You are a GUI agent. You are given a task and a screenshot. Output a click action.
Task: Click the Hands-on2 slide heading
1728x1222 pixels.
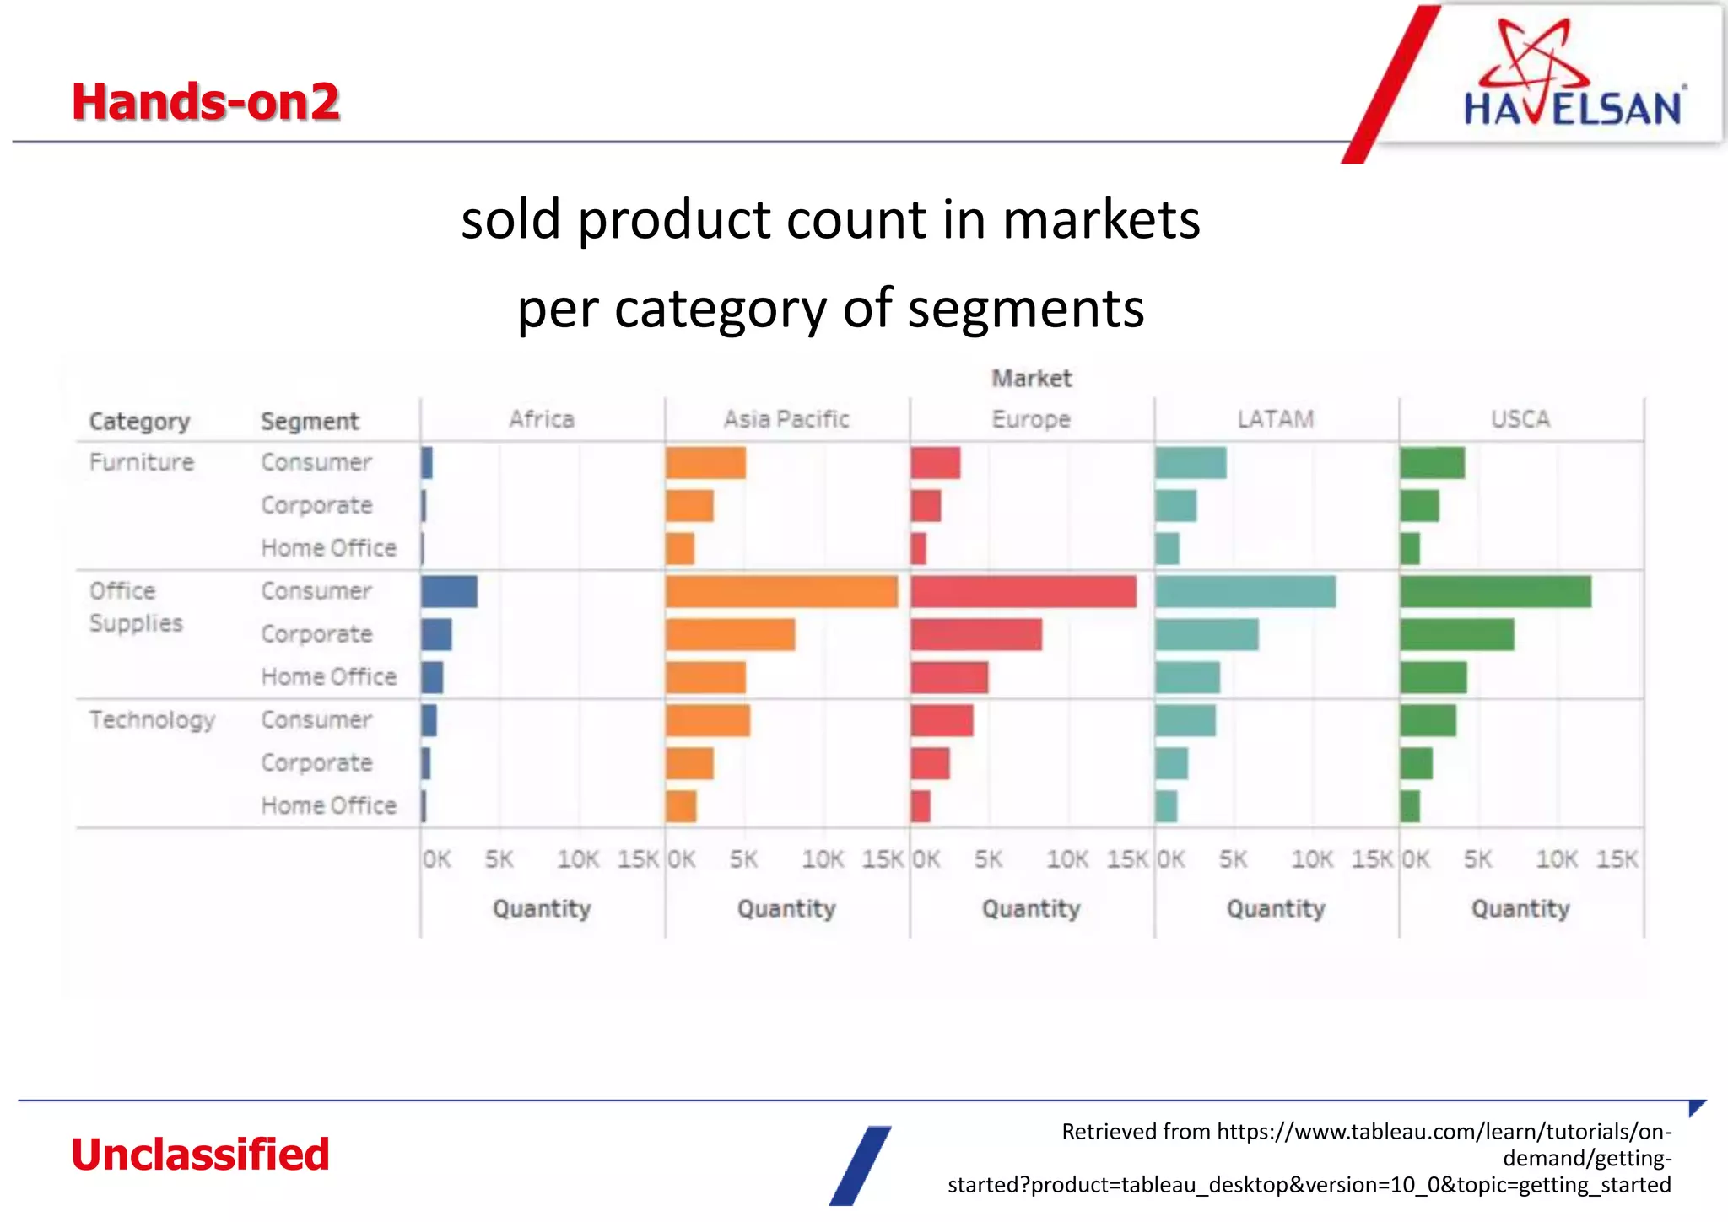(205, 102)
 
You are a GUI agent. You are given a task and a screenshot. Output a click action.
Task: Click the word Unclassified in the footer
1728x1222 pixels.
(200, 1154)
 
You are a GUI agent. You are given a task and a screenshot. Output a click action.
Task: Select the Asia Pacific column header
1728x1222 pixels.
(786, 419)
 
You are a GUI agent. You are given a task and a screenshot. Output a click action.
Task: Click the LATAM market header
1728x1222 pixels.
(1275, 419)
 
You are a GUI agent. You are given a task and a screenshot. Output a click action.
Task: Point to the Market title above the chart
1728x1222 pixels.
(1031, 379)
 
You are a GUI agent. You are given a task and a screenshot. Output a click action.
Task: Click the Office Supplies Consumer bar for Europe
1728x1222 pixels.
(1023, 592)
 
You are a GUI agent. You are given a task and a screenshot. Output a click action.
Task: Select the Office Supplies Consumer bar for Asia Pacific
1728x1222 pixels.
(780, 592)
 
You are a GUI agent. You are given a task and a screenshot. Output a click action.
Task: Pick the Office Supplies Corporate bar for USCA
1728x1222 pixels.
(1456, 635)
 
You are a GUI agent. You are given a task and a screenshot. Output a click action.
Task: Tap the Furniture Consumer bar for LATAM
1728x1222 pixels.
(1191, 463)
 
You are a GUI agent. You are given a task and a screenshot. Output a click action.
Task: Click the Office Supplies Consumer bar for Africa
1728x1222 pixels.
(449, 592)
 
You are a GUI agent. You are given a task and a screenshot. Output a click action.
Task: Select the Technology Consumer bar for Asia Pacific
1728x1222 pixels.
(707, 721)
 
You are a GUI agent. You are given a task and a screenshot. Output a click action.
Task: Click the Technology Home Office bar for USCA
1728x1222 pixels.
(1409, 806)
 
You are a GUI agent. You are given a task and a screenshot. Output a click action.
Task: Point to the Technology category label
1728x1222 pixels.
(152, 720)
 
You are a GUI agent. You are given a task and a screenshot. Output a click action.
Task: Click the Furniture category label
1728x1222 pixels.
(142, 462)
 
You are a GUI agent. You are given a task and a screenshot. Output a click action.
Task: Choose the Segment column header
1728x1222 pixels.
(310, 421)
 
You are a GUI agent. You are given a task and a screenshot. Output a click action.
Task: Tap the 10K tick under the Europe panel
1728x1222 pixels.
(1066, 859)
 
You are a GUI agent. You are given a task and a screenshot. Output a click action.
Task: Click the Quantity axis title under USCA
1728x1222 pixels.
(1520, 908)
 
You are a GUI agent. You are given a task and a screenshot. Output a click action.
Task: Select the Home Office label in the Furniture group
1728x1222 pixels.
(328, 548)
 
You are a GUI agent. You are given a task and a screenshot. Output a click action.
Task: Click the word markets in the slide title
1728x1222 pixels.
(1101, 220)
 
